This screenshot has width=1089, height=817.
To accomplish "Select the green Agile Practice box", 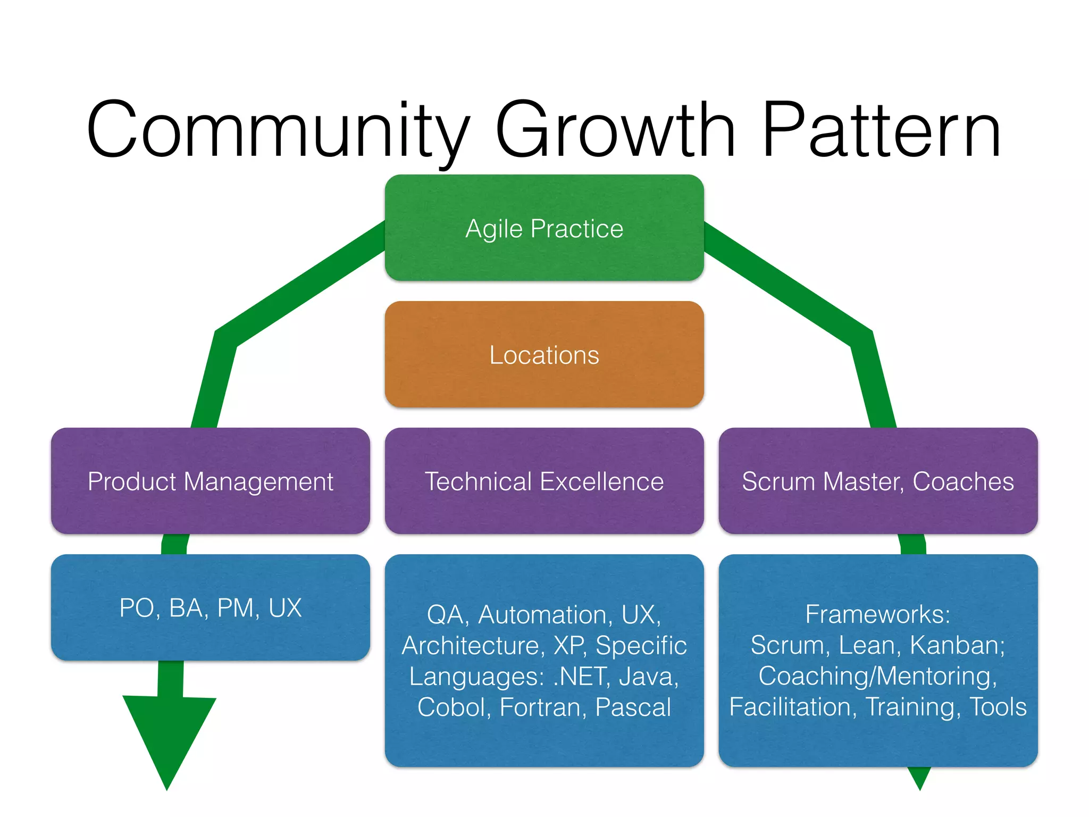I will tap(544, 228).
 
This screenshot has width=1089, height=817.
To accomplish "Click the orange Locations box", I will tap(544, 355).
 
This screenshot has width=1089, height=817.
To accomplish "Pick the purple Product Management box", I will tap(210, 481).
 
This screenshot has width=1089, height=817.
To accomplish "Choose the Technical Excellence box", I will tap(544, 481).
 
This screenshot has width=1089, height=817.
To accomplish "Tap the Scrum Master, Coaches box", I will tap(877, 481).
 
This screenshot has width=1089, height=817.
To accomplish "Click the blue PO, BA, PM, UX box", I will tap(210, 607).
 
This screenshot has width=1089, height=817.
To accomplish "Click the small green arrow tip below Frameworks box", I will tap(919, 778).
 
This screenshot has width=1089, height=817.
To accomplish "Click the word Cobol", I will tap(454, 707).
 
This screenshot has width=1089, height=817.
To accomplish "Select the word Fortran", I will tap(543, 707).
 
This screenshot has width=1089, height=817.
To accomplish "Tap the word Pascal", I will tap(633, 707).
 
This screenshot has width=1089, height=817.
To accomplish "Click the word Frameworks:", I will tap(877, 614).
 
